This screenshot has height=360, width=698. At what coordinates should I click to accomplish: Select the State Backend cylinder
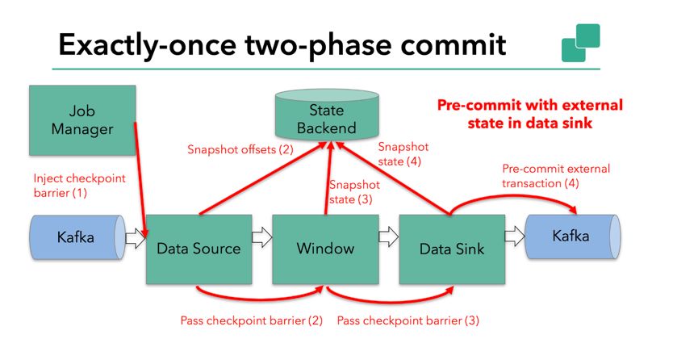327,117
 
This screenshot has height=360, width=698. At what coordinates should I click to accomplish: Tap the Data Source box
199,248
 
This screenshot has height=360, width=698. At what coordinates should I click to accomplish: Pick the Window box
326,248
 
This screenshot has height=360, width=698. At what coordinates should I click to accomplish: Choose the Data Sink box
452,248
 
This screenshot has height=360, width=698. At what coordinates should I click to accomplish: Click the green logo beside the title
580,43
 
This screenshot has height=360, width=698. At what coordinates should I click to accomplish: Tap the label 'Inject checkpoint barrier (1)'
79,185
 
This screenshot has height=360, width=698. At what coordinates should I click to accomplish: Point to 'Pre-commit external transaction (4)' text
556,177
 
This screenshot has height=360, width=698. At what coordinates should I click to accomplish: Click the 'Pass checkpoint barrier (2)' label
251,320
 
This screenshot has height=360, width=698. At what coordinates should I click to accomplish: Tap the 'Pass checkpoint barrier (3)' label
408,320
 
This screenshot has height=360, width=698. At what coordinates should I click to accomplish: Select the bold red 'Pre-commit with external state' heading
530,113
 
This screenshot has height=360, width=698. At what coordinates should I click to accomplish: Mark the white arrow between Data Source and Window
261,237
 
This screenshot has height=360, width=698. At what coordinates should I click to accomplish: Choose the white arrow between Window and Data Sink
389,237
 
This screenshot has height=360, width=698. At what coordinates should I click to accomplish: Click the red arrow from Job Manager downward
140,174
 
